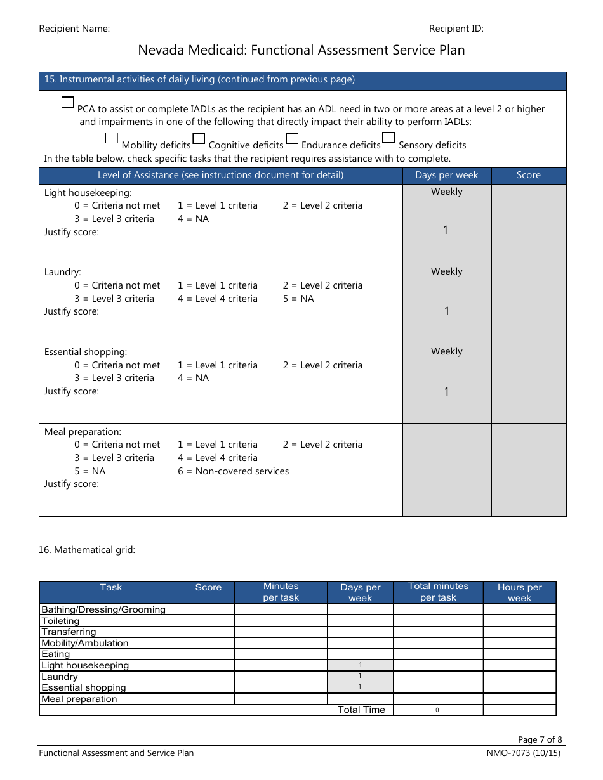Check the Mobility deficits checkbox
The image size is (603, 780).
click(111, 138)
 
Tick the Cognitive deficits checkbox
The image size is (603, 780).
click(199, 138)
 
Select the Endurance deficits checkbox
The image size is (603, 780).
click(292, 138)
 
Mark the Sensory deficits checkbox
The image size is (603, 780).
click(388, 138)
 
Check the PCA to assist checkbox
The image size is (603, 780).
click(68, 102)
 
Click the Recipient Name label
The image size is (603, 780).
click(74, 29)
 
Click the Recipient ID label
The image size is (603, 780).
click(456, 29)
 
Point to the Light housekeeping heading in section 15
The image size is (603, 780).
click(88, 193)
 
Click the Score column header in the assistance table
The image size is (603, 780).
click(528, 175)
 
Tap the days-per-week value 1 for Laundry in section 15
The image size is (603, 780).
click(446, 311)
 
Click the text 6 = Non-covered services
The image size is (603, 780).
click(233, 471)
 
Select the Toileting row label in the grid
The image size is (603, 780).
click(60, 621)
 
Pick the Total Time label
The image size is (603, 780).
click(361, 710)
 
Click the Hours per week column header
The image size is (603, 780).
click(519, 592)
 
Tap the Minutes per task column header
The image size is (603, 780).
click(281, 592)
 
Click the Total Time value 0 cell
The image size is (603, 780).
click(437, 710)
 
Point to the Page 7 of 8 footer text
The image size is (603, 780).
click(540, 739)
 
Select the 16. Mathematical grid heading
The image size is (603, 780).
click(86, 550)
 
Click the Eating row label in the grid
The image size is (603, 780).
click(56, 654)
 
